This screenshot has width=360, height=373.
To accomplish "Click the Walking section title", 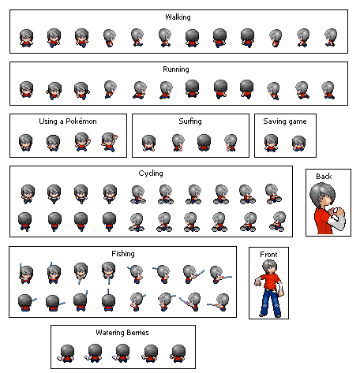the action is pos(178,17).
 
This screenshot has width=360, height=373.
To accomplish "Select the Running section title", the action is pos(176,69).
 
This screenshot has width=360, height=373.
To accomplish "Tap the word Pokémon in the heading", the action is pos(81,121).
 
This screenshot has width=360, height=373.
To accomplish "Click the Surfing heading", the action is pos(190,121).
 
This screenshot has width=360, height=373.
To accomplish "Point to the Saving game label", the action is pos(285,121).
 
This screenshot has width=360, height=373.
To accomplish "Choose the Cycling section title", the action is pos(151,173).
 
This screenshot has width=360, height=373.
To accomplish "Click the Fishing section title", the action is pos(123,254).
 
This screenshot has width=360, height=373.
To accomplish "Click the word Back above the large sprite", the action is pos(324,177).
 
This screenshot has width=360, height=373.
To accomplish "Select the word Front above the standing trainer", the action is pos(268,255).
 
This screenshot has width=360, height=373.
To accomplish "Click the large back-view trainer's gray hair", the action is pos(321,193).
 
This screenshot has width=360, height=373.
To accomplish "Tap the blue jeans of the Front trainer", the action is pos(269,301).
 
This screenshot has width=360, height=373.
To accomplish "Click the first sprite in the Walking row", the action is pos(26,38).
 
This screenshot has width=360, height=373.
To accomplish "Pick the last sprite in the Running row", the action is pos(328,90).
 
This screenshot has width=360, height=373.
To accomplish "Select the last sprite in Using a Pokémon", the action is pos(109,142).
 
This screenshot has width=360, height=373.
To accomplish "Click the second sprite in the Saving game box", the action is pos(298,144).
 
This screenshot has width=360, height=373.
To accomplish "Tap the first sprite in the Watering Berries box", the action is pos(66,354).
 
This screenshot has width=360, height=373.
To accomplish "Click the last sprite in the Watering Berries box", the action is pos(178,354).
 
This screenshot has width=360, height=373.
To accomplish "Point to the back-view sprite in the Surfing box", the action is pos(204,143).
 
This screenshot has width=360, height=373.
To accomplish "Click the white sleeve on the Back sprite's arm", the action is pos(337,223).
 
